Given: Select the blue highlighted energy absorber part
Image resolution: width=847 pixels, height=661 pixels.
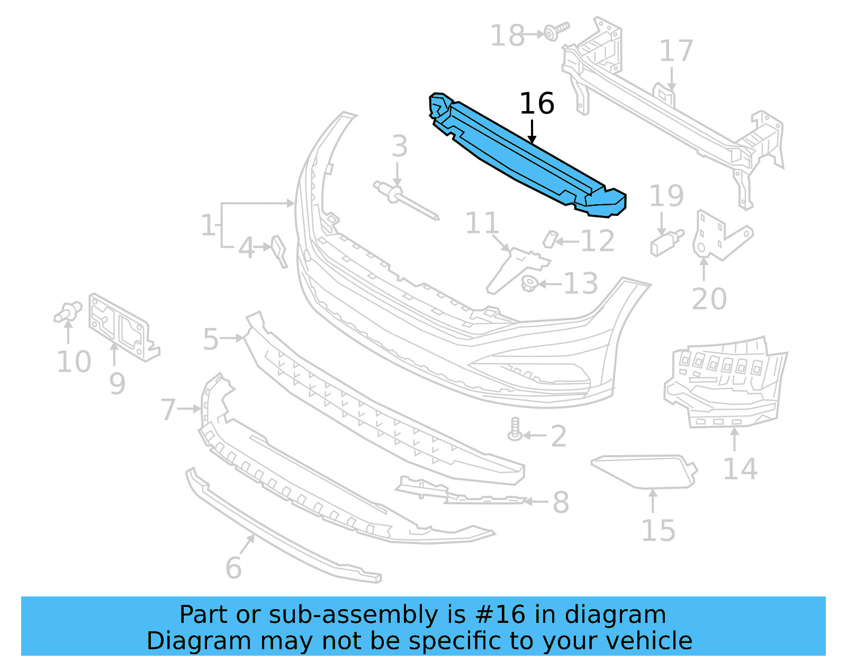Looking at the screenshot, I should [x=524, y=159].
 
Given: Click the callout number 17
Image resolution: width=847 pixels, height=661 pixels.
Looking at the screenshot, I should [x=676, y=51].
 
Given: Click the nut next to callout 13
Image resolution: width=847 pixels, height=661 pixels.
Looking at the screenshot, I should [x=529, y=284].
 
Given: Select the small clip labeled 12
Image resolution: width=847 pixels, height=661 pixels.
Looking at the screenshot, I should [x=551, y=239].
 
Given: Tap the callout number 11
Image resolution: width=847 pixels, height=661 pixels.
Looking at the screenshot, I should [x=482, y=223].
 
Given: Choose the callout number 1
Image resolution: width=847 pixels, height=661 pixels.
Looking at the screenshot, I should [x=208, y=225].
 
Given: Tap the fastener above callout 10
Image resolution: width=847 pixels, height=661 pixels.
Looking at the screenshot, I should [x=68, y=312].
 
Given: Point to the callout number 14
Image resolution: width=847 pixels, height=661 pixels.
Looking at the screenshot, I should [x=740, y=469].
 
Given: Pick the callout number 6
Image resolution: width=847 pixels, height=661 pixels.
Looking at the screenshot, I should [x=233, y=568].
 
